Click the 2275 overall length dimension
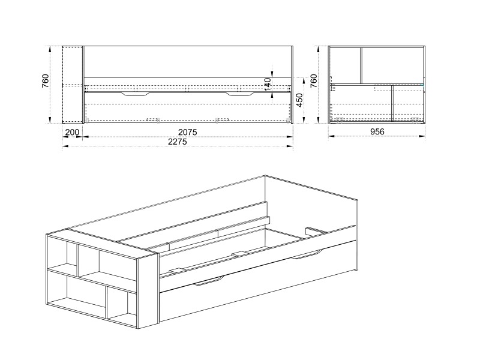click(x=178, y=142)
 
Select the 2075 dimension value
click(x=188, y=132)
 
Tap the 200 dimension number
click(x=72, y=132)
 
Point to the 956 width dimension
click(x=377, y=131)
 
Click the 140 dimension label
click(x=268, y=85)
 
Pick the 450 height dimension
click(x=299, y=100)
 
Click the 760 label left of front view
click(x=46, y=81)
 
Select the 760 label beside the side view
click(x=314, y=81)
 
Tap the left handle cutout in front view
click(x=136, y=94)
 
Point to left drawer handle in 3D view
click(x=209, y=281)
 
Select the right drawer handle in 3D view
click(x=306, y=254)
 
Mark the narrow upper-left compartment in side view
click(x=346, y=65)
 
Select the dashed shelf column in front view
click(x=72, y=85)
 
